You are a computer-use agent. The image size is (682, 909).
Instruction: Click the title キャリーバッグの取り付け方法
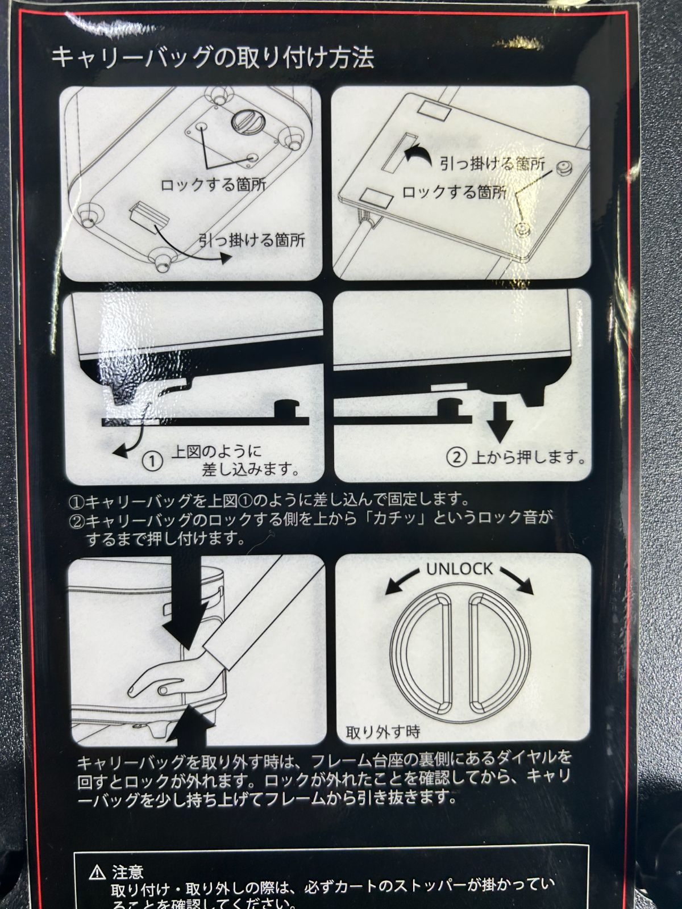click(x=212, y=58)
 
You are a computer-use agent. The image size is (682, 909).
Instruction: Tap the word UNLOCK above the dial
click(x=460, y=569)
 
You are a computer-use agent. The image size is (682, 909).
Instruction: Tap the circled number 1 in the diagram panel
click(x=153, y=461)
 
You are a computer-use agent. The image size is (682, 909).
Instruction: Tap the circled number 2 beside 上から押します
click(x=457, y=457)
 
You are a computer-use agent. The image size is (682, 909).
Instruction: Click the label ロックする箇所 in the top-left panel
click(x=213, y=184)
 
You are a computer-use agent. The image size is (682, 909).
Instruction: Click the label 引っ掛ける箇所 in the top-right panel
click(x=497, y=164)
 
